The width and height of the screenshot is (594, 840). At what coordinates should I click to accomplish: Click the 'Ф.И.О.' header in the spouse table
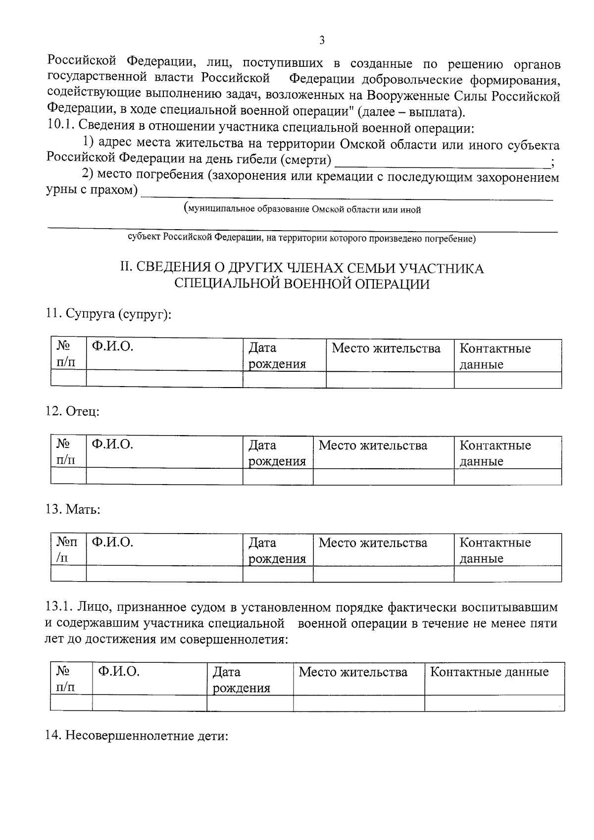[x=113, y=347]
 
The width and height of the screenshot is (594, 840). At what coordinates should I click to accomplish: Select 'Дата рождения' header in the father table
[x=277, y=453]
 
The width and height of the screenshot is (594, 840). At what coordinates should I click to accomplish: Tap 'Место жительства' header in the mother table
[x=373, y=543]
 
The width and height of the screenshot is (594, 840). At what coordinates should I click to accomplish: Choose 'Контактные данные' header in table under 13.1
[x=489, y=672]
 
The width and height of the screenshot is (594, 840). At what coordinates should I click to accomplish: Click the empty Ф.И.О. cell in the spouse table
[x=164, y=379]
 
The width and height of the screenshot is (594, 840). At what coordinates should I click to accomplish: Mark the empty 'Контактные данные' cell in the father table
[x=507, y=476]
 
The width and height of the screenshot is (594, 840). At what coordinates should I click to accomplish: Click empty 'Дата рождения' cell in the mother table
[x=277, y=574]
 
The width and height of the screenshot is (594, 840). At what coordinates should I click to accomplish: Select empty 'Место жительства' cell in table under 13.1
[x=358, y=703]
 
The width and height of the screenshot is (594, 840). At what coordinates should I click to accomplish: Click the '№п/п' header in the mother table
[x=68, y=549]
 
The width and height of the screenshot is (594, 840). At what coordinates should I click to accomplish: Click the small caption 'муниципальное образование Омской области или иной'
[x=302, y=209]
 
